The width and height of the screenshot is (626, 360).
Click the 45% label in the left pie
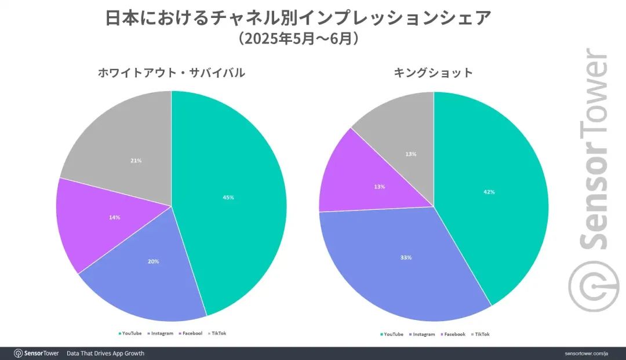click(228, 198)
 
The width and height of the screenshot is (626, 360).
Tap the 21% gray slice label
click(136, 161)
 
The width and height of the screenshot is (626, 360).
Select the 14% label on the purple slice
click(115, 217)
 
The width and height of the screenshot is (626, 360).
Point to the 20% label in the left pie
click(153, 261)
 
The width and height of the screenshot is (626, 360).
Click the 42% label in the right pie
click(489, 192)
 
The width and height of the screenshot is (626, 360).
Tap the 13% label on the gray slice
click(410, 154)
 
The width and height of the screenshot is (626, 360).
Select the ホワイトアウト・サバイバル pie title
click(171, 73)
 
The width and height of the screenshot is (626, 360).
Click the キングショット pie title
click(434, 73)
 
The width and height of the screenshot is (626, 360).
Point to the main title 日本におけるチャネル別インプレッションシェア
click(299, 19)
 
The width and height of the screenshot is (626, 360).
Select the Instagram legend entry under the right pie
click(423, 334)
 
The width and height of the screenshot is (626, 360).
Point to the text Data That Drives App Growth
click(105, 353)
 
